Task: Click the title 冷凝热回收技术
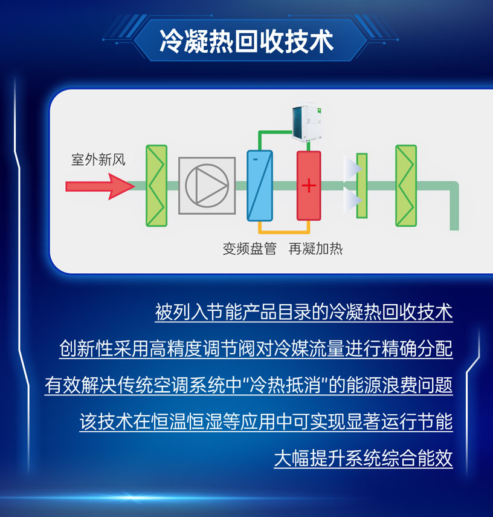point(246,41)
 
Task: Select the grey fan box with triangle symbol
point(207,185)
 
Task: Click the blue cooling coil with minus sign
point(260,186)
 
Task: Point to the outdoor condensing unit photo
point(308,125)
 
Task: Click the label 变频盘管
point(249,249)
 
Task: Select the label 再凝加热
point(315,249)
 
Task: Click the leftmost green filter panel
point(156,186)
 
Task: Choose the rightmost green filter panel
point(405,186)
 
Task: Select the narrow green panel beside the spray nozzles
point(361,186)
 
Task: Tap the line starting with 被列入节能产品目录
point(304,313)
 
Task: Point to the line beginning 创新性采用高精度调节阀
point(256,349)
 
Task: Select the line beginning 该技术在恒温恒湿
point(266,422)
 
